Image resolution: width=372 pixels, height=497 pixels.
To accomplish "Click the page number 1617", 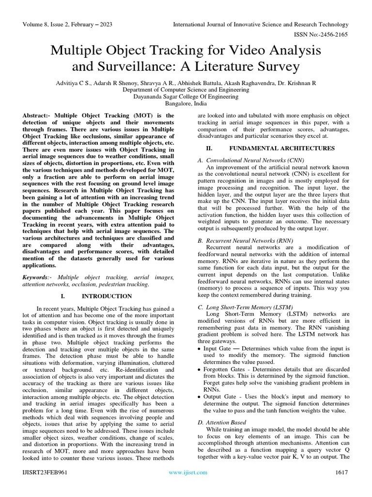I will pyautogui.click(x=341, y=473).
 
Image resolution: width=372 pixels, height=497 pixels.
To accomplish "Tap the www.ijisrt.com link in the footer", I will pyautogui.click(x=188, y=473).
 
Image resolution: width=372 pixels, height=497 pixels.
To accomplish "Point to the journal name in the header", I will pyautogui.click(x=261, y=24).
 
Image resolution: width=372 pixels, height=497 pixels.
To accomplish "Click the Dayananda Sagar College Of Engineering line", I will pyautogui.click(x=186, y=97).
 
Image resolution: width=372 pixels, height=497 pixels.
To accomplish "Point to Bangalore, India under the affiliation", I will pyautogui.click(x=186, y=103).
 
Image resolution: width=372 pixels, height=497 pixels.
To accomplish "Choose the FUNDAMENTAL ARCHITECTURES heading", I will pyautogui.click(x=281, y=148).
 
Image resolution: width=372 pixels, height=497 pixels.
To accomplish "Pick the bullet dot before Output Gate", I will pyautogui.click(x=200, y=397).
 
